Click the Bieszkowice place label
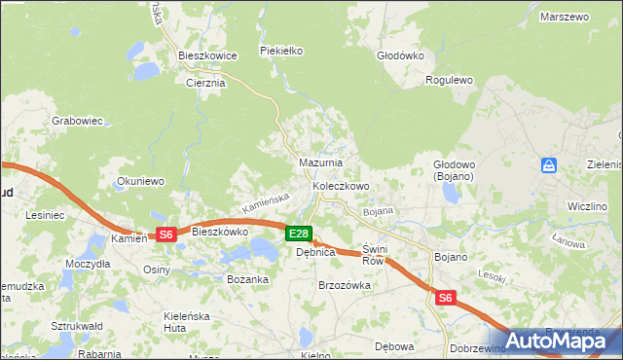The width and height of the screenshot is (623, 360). pos(208,56)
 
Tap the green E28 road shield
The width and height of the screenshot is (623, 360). pos(300,234)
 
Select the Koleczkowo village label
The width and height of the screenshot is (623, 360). pos(341,186)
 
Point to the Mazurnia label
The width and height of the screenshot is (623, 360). pos(320,163)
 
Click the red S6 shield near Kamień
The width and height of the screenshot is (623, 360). pos(165,234)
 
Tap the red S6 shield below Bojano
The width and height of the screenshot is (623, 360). pos(445,299)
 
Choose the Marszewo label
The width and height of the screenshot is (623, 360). pos(567,18)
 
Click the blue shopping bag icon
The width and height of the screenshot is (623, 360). pos(549,165)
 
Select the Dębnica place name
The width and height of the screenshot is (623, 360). pos(315,252)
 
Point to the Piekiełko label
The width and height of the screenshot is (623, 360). pos(282,51)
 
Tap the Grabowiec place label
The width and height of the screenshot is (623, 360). pos(78,122)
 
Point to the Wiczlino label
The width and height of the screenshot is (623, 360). pos(588,207)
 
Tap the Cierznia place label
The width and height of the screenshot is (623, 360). pos(205,83)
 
